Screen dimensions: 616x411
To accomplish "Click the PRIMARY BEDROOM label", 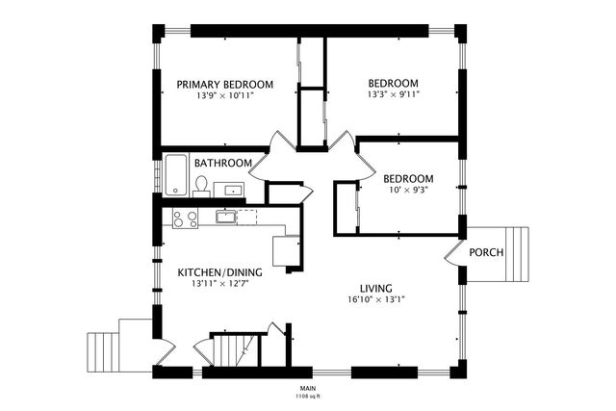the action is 224,85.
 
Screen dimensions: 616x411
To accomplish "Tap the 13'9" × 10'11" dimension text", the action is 225,95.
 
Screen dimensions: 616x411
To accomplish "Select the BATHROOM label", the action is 223,163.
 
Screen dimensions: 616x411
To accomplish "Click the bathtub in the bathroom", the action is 175,175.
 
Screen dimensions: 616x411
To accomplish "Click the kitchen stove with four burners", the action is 185,218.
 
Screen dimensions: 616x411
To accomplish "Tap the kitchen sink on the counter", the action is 225,217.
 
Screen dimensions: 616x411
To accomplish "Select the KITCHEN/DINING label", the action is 219,272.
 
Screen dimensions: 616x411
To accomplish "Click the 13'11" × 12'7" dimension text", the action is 220,283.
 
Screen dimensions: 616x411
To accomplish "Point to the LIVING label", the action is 376,289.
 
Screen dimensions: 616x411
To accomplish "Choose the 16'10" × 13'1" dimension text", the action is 376,299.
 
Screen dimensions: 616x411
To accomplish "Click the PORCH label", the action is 486,252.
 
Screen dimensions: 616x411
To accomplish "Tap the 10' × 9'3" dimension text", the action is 408,190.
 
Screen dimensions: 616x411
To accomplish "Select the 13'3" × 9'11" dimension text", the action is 394,94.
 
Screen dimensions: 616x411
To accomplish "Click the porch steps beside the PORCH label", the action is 517,254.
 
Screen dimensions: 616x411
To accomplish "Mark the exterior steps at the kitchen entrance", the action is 103,352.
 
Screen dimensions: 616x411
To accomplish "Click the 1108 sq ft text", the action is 308,397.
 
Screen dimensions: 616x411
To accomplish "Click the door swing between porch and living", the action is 452,252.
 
